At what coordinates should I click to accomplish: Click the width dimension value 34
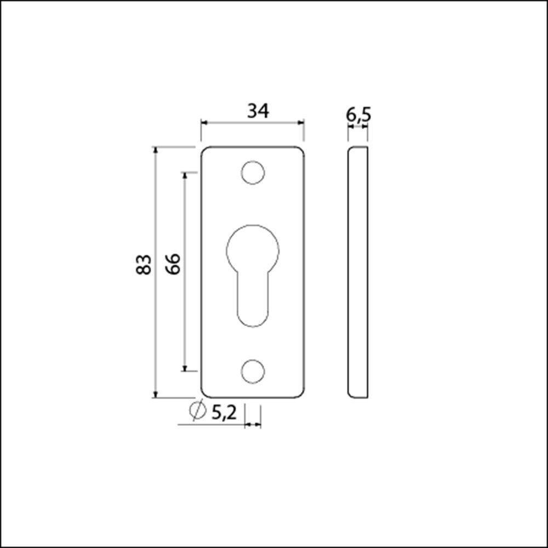pyautogui.click(x=258, y=111)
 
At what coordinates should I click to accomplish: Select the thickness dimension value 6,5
pyautogui.click(x=358, y=115)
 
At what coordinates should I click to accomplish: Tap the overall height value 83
pyautogui.click(x=144, y=265)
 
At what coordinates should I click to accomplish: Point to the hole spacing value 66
pyautogui.click(x=173, y=264)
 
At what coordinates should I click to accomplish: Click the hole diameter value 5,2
pyautogui.click(x=224, y=413)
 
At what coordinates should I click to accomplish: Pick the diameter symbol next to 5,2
pyautogui.click(x=197, y=410)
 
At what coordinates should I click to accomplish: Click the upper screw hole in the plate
pyautogui.click(x=253, y=173)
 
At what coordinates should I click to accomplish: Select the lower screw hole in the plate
pyautogui.click(x=253, y=371)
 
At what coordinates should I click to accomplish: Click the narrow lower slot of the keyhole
pyautogui.click(x=253, y=300)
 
